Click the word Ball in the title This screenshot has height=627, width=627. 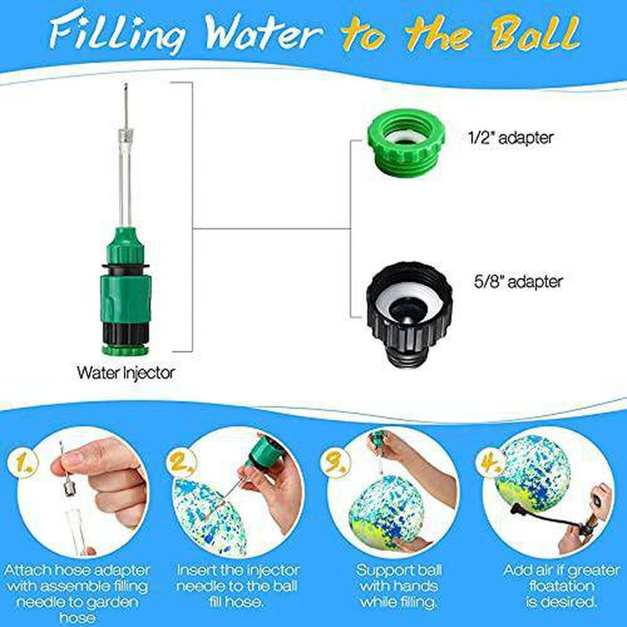tap(535, 33)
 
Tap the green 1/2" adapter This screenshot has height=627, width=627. tap(406, 143)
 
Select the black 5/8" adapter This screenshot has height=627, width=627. tap(409, 315)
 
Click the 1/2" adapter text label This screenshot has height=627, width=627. tap(511, 138)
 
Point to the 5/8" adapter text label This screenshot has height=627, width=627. tap(518, 281)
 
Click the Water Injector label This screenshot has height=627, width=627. tap(126, 373)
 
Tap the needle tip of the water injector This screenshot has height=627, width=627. tap(125, 85)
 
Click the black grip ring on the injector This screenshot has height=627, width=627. tap(125, 333)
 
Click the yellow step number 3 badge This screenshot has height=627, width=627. tap(335, 463)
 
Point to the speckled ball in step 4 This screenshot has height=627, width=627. tap(531, 473)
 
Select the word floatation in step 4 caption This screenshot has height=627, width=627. tap(561, 585)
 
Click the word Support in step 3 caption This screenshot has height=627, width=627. tap(382, 571)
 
